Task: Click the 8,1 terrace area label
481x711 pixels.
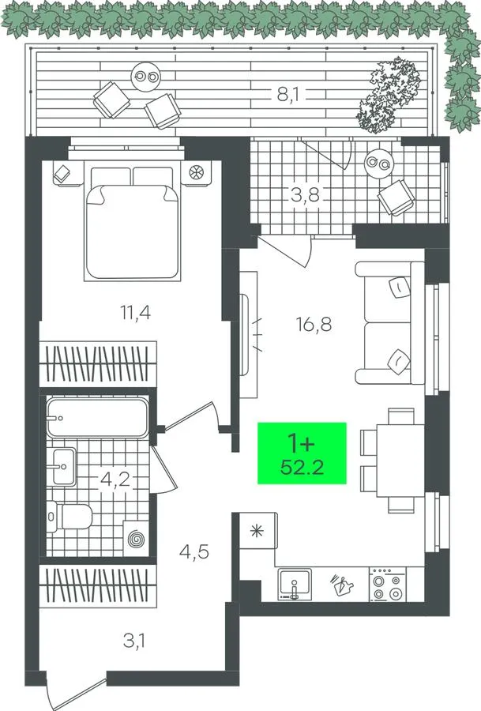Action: (x=286, y=96)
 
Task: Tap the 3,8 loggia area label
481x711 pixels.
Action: (x=305, y=196)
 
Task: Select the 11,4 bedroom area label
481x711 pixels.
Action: (x=135, y=312)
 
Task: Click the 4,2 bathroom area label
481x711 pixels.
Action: (x=115, y=480)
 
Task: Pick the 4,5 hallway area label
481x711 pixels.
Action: (x=194, y=552)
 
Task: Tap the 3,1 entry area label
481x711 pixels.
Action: (x=136, y=641)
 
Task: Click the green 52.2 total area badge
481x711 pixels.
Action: (x=302, y=453)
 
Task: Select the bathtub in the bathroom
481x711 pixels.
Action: (x=97, y=418)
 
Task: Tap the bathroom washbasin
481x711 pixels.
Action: (x=64, y=466)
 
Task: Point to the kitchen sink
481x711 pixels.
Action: (x=295, y=585)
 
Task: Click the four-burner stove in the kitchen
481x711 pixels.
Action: (x=387, y=585)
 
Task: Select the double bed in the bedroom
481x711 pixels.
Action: (x=131, y=223)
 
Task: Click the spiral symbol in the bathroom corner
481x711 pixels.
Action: (x=136, y=539)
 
